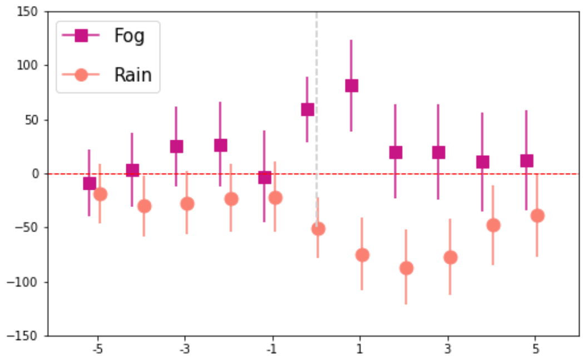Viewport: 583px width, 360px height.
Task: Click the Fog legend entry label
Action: (130, 36)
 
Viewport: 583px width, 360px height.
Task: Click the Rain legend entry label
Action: (133, 75)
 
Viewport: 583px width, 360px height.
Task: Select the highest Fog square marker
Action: (352, 86)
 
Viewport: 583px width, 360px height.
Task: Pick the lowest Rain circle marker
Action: (406, 268)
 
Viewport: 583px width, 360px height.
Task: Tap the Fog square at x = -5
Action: (89, 184)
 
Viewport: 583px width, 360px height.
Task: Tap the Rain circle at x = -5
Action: (100, 194)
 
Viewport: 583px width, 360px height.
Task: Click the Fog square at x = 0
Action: (308, 110)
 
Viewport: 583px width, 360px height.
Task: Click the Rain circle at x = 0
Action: (318, 229)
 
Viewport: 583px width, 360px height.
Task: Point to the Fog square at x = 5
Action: (526, 161)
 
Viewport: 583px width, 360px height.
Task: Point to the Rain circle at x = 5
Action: (537, 216)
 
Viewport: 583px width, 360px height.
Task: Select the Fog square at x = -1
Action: (264, 177)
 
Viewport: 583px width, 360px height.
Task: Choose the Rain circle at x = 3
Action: (450, 258)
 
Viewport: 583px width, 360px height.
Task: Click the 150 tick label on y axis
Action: (27, 12)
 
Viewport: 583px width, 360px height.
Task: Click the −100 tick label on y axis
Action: (22, 282)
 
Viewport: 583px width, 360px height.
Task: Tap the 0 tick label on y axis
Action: (35, 174)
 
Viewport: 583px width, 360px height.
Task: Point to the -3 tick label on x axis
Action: (185, 349)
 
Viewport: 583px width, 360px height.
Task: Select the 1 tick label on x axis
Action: (359, 349)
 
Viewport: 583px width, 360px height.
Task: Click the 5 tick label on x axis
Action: (535, 349)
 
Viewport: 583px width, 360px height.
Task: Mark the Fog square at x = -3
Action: (176, 146)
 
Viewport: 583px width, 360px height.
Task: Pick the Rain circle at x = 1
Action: (362, 255)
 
